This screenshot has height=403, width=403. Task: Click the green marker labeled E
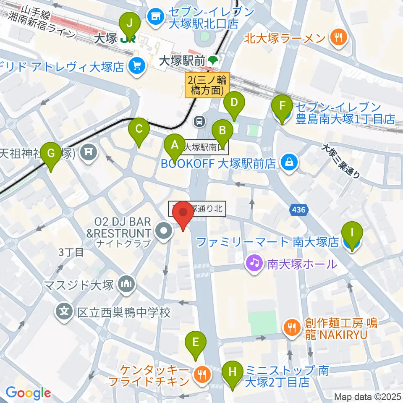click(196, 343)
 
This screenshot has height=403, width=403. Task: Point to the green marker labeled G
click(51, 154)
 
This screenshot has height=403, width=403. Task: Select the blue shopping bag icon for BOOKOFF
click(289, 161)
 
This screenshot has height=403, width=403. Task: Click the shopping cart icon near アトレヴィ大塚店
click(136, 65)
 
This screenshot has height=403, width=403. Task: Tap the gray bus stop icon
click(199, 122)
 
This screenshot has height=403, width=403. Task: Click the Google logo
click(28, 393)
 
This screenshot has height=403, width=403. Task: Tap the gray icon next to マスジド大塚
click(126, 284)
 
